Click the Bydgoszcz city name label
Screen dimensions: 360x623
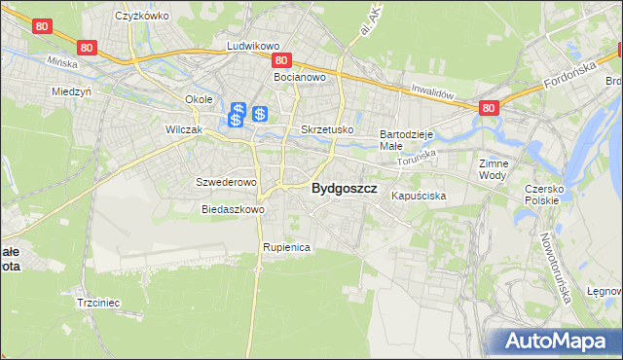coord(344,190)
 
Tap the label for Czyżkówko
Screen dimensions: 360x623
coord(142,16)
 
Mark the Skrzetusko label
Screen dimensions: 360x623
coord(327,128)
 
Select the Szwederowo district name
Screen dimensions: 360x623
coord(226,182)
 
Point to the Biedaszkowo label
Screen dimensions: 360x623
coord(233,209)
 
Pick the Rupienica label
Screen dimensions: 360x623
coord(285,247)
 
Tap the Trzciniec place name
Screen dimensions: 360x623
coord(97,303)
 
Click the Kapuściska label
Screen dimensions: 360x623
coord(419,196)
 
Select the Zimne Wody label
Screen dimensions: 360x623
coord(494,169)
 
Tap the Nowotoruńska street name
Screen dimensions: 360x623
coord(559,267)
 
